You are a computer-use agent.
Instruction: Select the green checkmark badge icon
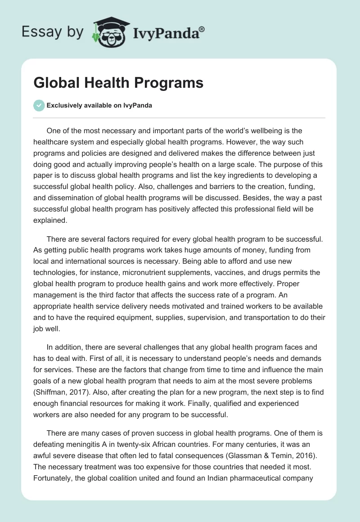(39, 105)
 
